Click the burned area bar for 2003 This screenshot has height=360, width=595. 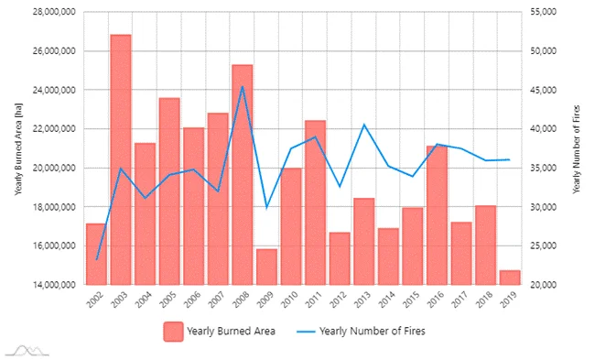pyautogui.click(x=121, y=159)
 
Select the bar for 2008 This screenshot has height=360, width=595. pyautogui.click(x=242, y=174)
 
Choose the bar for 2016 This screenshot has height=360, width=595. pyautogui.click(x=437, y=214)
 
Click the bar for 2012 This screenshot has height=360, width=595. pyautogui.click(x=339, y=258)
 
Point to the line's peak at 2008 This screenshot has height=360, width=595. pyautogui.click(x=242, y=87)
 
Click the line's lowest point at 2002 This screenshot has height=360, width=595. pyautogui.click(x=96, y=260)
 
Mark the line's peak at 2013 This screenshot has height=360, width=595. pyautogui.click(x=363, y=125)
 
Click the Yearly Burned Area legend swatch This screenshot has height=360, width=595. pyautogui.click(x=172, y=330)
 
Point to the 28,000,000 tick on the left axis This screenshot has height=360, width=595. pyautogui.click(x=51, y=12)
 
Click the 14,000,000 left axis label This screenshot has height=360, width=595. pyautogui.click(x=51, y=285)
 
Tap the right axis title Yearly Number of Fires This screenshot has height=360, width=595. pyautogui.click(x=576, y=148)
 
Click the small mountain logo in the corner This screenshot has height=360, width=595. pyautogui.click(x=26, y=349)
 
